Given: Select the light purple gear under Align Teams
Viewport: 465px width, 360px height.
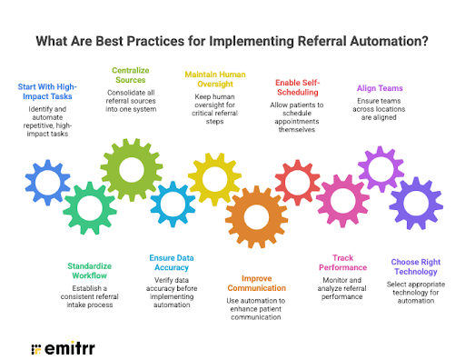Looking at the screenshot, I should click(380, 170).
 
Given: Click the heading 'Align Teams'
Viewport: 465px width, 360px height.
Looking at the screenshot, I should click(379, 88).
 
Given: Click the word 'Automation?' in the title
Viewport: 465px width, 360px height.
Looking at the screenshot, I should click(381, 41).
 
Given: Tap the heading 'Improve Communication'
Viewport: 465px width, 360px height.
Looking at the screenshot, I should click(257, 283).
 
